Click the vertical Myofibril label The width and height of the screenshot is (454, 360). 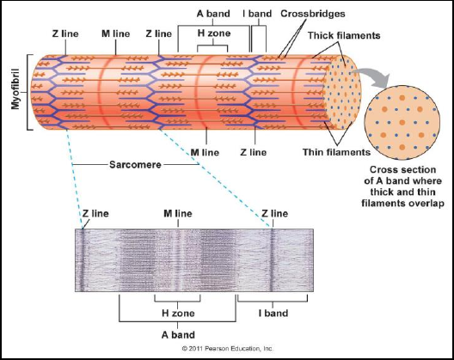click(15, 89)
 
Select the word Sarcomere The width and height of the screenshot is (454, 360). click(135, 165)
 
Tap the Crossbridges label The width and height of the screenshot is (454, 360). click(313, 14)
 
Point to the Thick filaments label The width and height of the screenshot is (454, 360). click(344, 35)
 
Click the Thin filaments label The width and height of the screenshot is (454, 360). click(336, 152)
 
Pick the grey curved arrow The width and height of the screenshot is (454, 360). click(373, 76)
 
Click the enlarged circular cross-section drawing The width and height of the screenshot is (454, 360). click(402, 122)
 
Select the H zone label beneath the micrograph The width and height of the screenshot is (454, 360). click(178, 313)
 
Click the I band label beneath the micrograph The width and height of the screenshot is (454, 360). click(273, 313)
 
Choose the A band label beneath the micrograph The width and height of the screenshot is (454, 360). click(178, 335)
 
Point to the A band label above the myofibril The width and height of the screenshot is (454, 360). click(213, 14)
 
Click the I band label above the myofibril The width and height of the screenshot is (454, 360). click(257, 14)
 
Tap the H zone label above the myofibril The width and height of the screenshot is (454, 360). click(214, 33)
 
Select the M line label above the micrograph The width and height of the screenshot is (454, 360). click(178, 214)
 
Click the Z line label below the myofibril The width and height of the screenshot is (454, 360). click(254, 152)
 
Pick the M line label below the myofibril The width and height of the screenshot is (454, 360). click(205, 152)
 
